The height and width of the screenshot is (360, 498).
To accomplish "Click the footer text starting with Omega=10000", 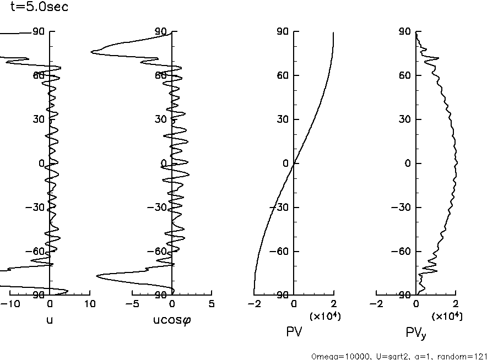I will click(399, 356).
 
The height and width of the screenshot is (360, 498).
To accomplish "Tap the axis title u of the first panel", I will click(50, 318).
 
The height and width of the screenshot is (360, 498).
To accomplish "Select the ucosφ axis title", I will click(172, 319).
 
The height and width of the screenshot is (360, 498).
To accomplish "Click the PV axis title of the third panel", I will click(294, 331).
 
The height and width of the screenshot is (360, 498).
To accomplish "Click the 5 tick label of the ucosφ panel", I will click(212, 304).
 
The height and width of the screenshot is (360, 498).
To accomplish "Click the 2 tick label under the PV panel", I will click(334, 304).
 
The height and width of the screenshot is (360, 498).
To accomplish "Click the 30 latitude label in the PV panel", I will click(283, 119).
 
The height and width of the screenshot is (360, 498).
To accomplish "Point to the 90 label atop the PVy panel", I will click(405, 32).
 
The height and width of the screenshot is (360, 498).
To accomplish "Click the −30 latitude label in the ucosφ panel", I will click(158, 208).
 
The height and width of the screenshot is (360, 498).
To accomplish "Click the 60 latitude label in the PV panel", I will click(283, 75).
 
